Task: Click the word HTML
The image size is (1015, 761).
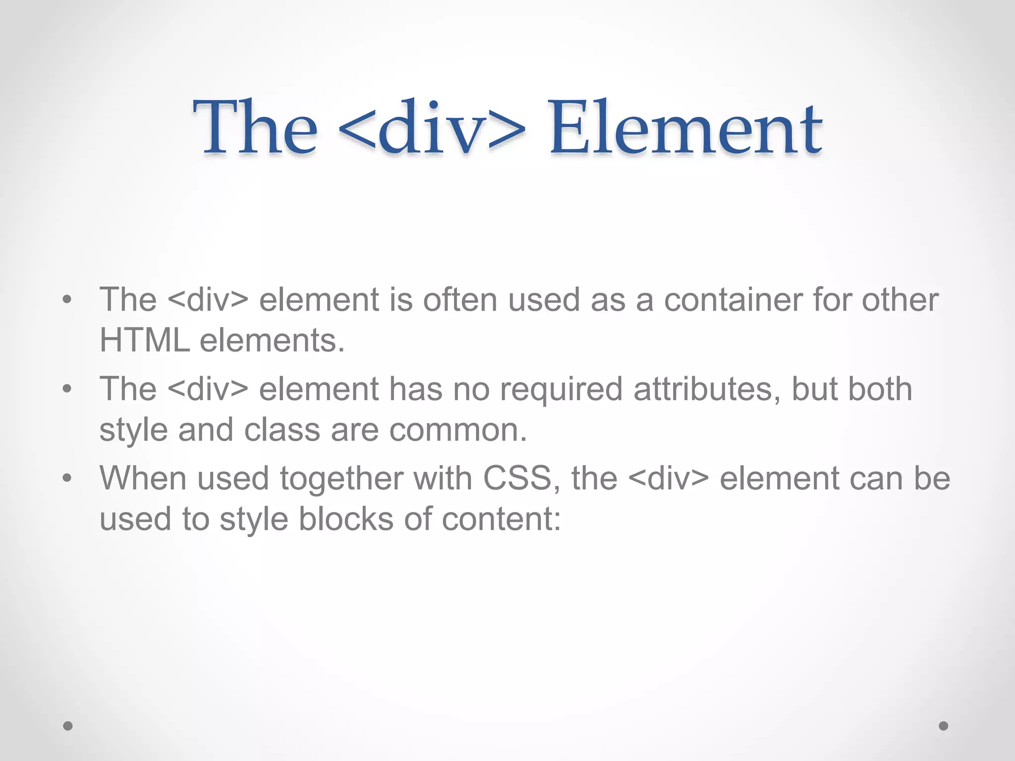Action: click(x=145, y=341)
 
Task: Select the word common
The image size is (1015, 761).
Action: click(x=458, y=430)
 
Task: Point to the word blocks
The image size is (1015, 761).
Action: click(x=346, y=519)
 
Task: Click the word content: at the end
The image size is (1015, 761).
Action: click(x=501, y=519)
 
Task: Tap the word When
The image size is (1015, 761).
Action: click(x=143, y=479)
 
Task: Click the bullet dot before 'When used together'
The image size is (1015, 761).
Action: click(x=67, y=479)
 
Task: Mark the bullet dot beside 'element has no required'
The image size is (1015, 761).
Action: click(x=67, y=389)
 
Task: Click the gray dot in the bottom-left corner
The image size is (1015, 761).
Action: click(x=68, y=726)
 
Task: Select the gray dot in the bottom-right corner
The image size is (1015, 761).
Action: click(x=944, y=726)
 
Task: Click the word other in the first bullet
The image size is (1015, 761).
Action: click(x=900, y=300)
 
